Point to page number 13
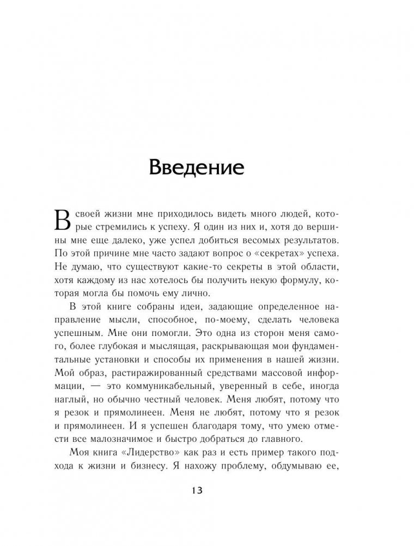click(197, 489)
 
